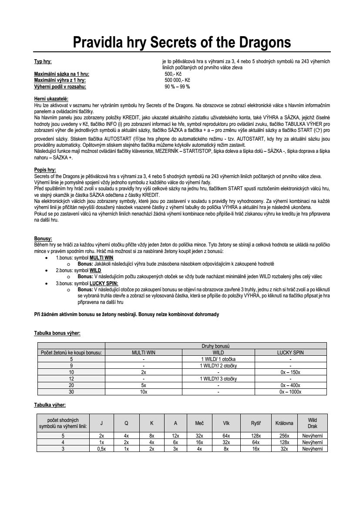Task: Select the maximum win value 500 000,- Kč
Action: point(177,81)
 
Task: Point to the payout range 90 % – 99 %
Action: point(177,87)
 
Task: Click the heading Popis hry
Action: point(45,169)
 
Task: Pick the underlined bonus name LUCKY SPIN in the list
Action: point(104,283)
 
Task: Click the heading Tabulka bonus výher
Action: point(57,333)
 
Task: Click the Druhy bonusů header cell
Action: point(215,346)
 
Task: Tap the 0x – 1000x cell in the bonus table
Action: point(290,391)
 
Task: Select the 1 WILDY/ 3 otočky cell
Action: point(218,379)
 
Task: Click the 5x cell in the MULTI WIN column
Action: point(143,385)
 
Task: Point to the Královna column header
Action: point(284,423)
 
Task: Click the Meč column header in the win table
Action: point(199,423)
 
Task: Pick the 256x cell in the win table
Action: point(284,436)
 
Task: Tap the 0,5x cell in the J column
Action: point(101,449)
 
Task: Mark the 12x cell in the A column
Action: point(175,436)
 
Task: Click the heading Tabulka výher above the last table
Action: point(50,405)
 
